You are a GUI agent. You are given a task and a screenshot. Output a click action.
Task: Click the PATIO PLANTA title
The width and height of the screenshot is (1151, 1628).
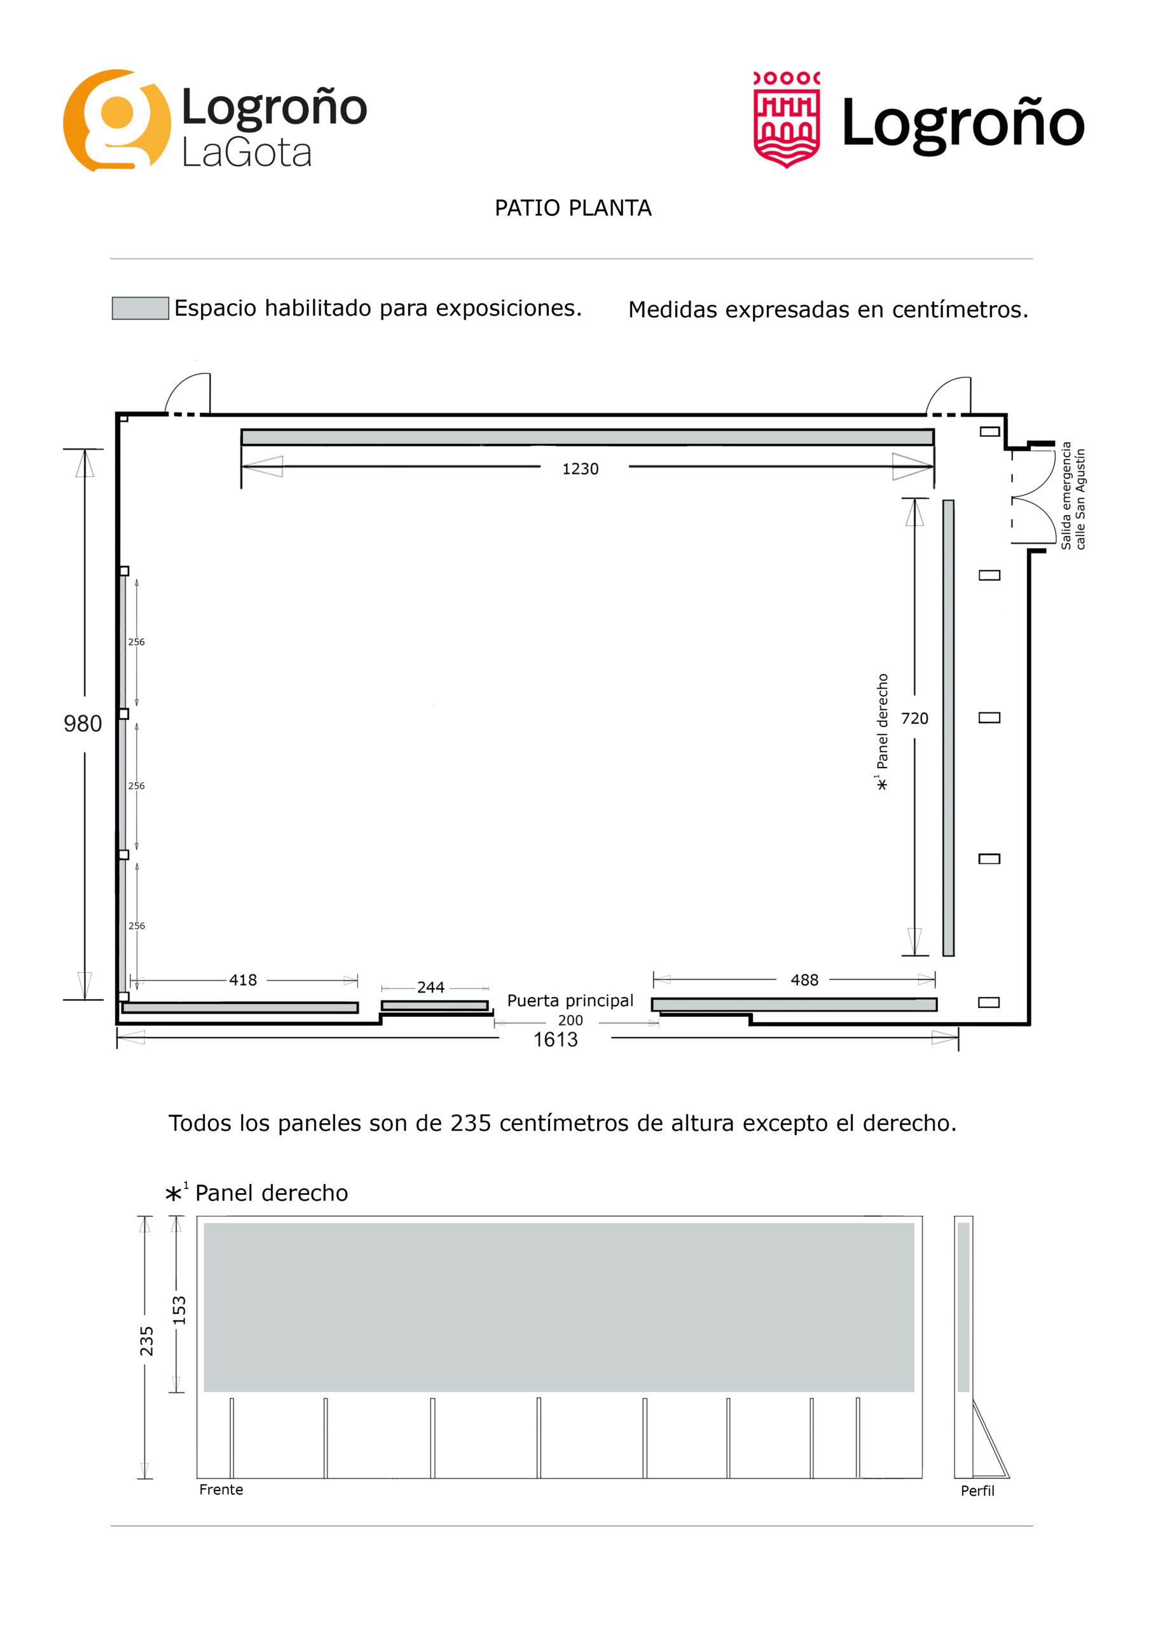pyautogui.click(x=573, y=208)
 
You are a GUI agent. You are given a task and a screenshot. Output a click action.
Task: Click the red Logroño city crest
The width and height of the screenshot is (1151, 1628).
pyautogui.click(x=787, y=119)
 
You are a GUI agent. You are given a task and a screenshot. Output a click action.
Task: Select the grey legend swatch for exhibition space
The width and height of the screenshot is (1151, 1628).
pyautogui.click(x=141, y=308)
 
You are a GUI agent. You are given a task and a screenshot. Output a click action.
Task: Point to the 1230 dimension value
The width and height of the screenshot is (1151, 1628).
pyautogui.click(x=580, y=469)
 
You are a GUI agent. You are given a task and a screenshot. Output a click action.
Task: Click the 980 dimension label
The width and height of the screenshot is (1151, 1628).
pyautogui.click(x=83, y=724)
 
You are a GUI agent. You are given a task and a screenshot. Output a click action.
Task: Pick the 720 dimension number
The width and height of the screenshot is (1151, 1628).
pyautogui.click(x=914, y=718)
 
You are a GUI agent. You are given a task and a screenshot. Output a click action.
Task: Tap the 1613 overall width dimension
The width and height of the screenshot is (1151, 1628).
pyautogui.click(x=555, y=1040)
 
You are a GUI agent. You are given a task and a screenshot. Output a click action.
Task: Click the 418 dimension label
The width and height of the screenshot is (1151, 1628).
pyautogui.click(x=242, y=980)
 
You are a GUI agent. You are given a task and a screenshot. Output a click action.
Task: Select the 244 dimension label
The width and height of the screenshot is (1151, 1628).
pyautogui.click(x=431, y=987)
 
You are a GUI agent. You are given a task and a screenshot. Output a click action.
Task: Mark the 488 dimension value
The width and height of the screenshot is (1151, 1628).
pyautogui.click(x=804, y=980)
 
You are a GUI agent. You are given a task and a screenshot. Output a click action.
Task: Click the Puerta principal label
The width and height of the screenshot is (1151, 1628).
pyautogui.click(x=570, y=1000)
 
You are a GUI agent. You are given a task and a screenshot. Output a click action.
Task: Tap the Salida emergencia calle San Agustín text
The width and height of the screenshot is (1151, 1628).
pyautogui.click(x=1072, y=495)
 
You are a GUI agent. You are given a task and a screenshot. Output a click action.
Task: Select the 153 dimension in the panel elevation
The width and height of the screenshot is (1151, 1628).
pyautogui.click(x=179, y=1309)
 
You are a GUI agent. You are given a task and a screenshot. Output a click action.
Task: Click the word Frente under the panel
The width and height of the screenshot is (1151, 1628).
pyautogui.click(x=221, y=1490)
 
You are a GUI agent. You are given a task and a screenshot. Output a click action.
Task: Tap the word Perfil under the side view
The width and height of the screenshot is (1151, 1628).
pyautogui.click(x=977, y=1491)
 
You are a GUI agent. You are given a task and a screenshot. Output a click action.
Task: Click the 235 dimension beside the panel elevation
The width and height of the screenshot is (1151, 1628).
pyautogui.click(x=146, y=1341)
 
